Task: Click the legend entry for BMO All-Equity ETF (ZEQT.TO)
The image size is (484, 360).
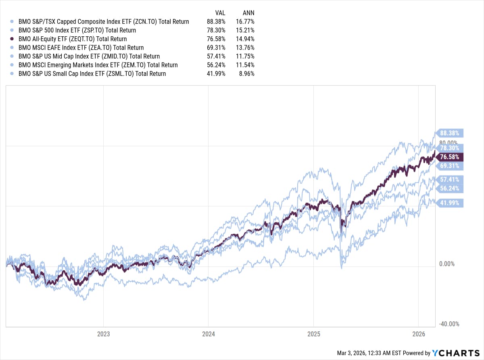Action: pyautogui.click(x=73, y=39)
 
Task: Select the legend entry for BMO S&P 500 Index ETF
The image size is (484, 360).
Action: pyautogui.click(x=77, y=30)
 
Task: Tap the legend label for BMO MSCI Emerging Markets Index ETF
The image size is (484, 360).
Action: pyautogui.click(x=98, y=65)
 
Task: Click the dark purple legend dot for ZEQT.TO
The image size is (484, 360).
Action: pyautogui.click(x=12, y=39)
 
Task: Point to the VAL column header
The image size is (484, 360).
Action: pyautogui.click(x=220, y=13)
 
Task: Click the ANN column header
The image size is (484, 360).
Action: pyautogui.click(x=248, y=13)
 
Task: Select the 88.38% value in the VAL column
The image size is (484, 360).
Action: pyautogui.click(x=215, y=22)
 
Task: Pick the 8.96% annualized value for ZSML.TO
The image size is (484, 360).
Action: pyautogui.click(x=246, y=74)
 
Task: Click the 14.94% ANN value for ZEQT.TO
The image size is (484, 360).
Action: pyautogui.click(x=245, y=39)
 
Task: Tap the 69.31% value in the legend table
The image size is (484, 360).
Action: pyautogui.click(x=215, y=48)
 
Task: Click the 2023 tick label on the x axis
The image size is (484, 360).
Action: pyautogui.click(x=103, y=334)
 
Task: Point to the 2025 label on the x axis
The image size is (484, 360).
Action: pyautogui.click(x=313, y=334)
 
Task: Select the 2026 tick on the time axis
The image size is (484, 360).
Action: pyautogui.click(x=419, y=334)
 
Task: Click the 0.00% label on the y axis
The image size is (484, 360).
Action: pyautogui.click(x=446, y=264)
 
